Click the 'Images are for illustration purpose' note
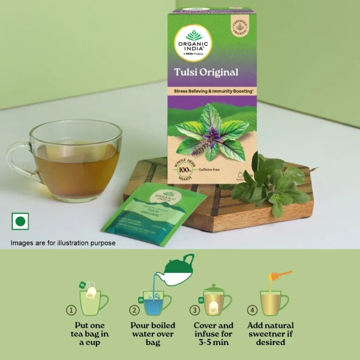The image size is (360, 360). (x=63, y=243)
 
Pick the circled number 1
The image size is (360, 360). (x=71, y=310)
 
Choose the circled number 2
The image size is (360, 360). (x=134, y=310)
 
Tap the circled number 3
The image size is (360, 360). (x=194, y=310)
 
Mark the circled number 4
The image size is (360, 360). (x=253, y=310)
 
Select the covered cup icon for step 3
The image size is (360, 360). (x=217, y=299)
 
